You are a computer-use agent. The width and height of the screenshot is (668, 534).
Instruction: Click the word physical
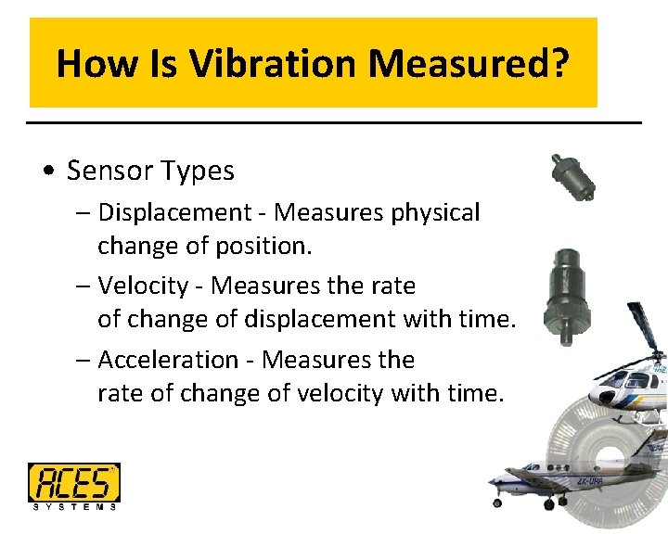click(x=435, y=212)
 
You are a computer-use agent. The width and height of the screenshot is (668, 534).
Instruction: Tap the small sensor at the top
click(x=569, y=176)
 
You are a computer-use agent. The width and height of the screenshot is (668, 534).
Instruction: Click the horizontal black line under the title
click(x=334, y=122)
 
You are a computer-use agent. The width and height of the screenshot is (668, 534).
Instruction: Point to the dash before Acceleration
click(x=83, y=360)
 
